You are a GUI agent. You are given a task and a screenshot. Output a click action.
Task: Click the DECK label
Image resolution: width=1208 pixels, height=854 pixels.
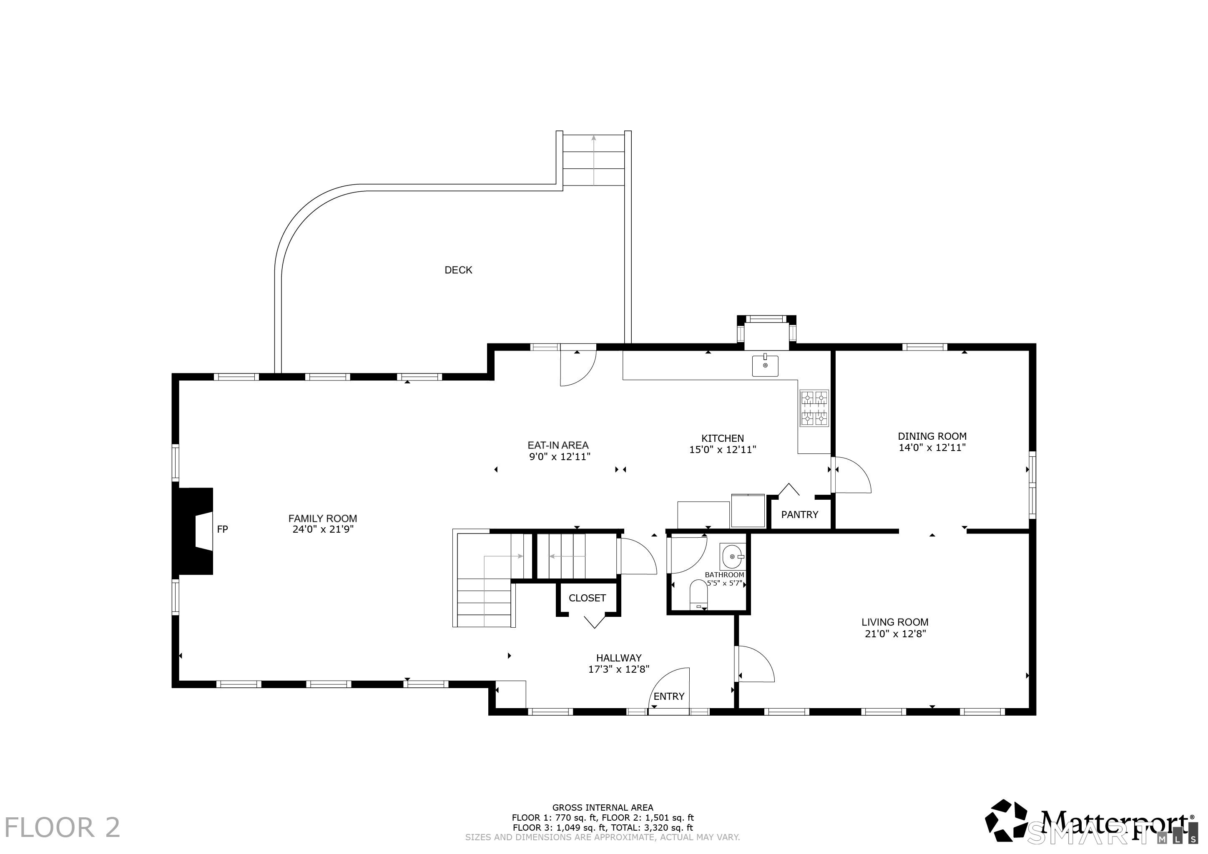coord(458,270)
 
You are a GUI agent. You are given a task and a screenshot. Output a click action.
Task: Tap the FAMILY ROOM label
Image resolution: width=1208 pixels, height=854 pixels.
coord(322,518)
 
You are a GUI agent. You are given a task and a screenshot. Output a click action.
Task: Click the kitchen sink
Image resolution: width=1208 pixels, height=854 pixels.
coord(765,366)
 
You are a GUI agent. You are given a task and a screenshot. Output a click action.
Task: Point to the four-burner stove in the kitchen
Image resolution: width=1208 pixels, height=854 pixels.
coord(814,408)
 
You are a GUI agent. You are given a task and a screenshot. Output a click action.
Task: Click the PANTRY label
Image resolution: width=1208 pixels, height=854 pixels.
coord(800,514)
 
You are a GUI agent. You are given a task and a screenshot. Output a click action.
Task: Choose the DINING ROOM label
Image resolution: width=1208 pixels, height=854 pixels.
coord(932,436)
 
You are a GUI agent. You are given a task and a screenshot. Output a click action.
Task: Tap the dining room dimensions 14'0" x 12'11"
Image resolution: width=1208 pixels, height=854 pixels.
coord(932,448)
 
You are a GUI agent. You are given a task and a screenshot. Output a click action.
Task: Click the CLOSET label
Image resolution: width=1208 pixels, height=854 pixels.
coord(587,598)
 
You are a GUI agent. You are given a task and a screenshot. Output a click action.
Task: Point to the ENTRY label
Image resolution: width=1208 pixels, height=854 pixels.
coord(669,696)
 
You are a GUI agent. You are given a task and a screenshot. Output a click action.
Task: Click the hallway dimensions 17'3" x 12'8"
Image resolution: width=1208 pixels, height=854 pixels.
coord(619,669)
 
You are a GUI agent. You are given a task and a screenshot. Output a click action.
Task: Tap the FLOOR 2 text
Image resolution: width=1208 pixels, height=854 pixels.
coord(63,827)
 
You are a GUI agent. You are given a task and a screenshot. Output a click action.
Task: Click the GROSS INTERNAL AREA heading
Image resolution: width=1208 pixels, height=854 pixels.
coord(603,807)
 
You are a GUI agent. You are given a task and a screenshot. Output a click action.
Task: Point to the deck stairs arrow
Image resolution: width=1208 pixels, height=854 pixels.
coord(593,160)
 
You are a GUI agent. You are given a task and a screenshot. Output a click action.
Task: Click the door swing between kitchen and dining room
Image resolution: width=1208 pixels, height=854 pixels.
coord(853,474)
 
